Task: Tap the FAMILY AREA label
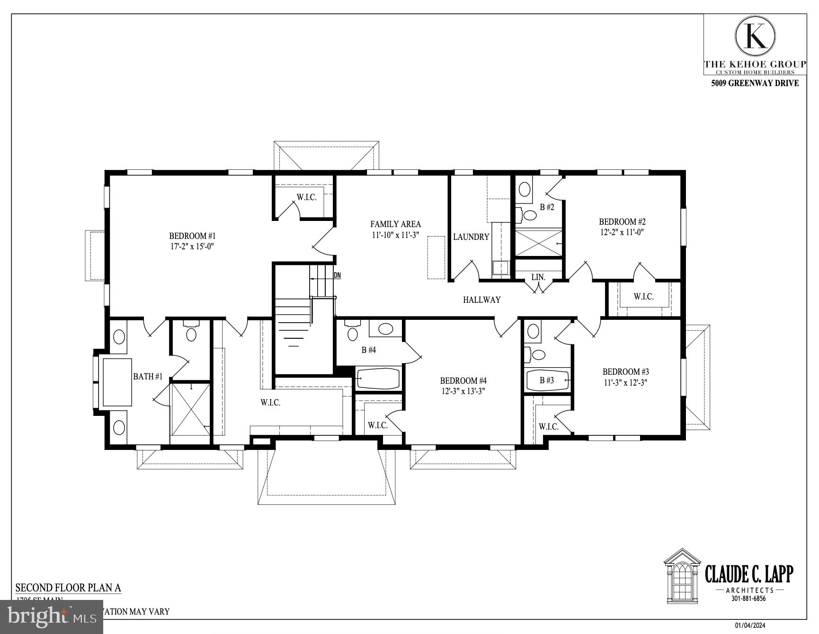point(395,224)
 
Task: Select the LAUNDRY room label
point(471,237)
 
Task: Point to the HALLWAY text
point(481,299)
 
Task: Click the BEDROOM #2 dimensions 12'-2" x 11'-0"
point(622,232)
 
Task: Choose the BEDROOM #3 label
point(625,372)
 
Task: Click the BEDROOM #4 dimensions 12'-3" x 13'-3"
point(463,391)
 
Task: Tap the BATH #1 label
point(148,377)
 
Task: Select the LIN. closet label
point(538,277)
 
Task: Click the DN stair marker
point(337,275)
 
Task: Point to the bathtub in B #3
point(547,380)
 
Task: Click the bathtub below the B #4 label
point(378,379)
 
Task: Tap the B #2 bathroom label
point(547,207)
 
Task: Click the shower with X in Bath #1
point(190,409)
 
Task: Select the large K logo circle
point(755,36)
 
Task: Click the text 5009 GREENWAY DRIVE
point(755,83)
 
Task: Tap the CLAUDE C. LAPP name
point(748,574)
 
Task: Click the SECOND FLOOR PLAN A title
point(69,588)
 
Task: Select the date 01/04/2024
point(750,626)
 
